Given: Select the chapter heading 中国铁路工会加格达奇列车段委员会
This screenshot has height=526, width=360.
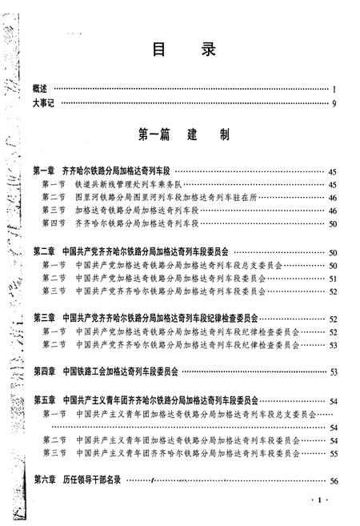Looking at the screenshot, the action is (121, 371).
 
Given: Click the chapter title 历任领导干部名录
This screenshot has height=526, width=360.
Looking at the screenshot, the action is (96, 479).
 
